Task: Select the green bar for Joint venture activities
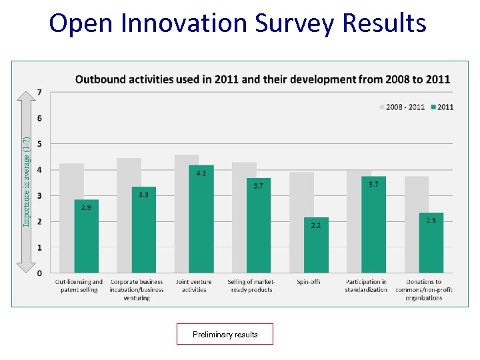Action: pos(201,220)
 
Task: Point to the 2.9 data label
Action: pos(87,208)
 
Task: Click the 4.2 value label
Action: pos(201,173)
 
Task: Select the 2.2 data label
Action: pos(316,225)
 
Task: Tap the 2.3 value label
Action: pos(431,220)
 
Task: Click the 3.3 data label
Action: pos(143,195)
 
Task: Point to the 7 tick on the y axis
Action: pos(40,92)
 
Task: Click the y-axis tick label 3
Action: pos(40,195)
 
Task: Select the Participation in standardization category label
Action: pos(366,286)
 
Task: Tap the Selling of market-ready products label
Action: pos(251,286)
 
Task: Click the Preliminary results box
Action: pos(225,334)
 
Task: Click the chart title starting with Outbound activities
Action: pos(262,79)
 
